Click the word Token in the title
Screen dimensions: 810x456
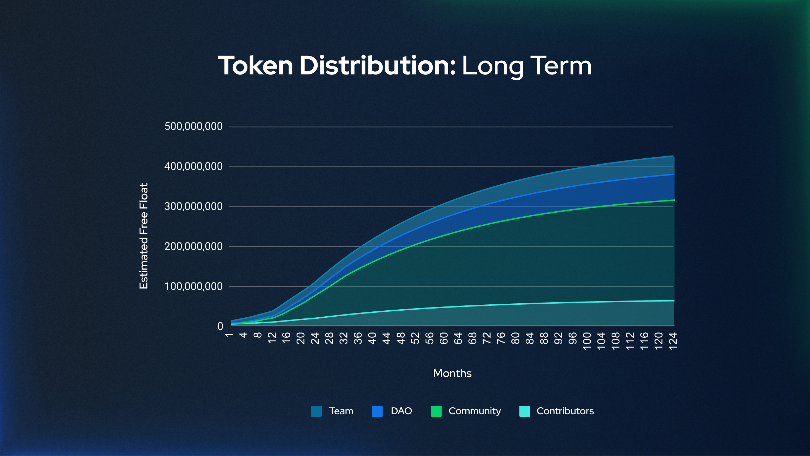[x=255, y=66]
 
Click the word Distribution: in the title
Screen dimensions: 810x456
[x=378, y=66]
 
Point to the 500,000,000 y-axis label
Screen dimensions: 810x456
[x=193, y=126]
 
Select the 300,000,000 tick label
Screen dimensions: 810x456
[x=193, y=206]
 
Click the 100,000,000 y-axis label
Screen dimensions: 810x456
[x=193, y=286]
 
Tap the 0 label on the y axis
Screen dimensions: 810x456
[x=220, y=326]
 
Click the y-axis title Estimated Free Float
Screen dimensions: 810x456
[x=144, y=236]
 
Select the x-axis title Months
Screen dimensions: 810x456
[x=452, y=373]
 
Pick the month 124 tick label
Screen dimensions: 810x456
[x=673, y=341]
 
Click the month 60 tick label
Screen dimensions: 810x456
[x=444, y=338]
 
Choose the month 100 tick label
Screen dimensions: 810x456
[x=587, y=341]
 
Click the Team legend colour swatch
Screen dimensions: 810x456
[x=316, y=411]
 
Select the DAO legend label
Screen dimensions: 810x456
[x=401, y=411]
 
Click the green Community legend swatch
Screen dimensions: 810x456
[x=436, y=411]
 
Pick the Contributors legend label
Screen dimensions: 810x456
[x=565, y=411]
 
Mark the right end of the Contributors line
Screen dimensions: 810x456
[x=674, y=300]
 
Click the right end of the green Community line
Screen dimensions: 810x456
[x=674, y=200]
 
